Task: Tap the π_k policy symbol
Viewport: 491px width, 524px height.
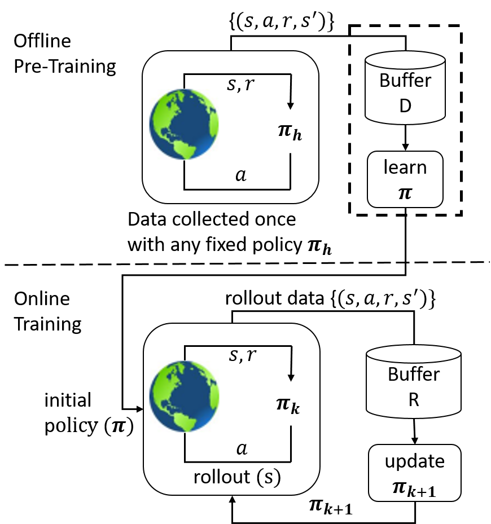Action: click(x=288, y=406)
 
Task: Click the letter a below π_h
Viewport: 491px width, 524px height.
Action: click(x=241, y=175)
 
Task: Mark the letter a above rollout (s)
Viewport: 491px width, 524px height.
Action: click(x=241, y=448)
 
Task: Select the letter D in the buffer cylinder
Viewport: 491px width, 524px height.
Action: click(x=405, y=105)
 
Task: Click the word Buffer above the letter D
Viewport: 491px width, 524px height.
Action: click(x=405, y=81)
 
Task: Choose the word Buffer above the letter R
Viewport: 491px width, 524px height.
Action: click(x=413, y=375)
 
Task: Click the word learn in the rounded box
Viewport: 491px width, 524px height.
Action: click(x=405, y=168)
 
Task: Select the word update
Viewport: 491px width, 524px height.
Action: click(x=415, y=461)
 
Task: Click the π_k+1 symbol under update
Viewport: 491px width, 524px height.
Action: click(x=415, y=487)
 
